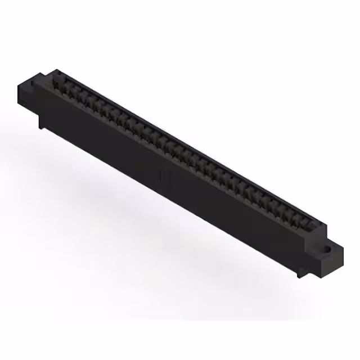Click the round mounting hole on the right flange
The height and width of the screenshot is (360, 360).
(328, 247)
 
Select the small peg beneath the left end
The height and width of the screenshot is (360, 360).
(41, 123)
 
